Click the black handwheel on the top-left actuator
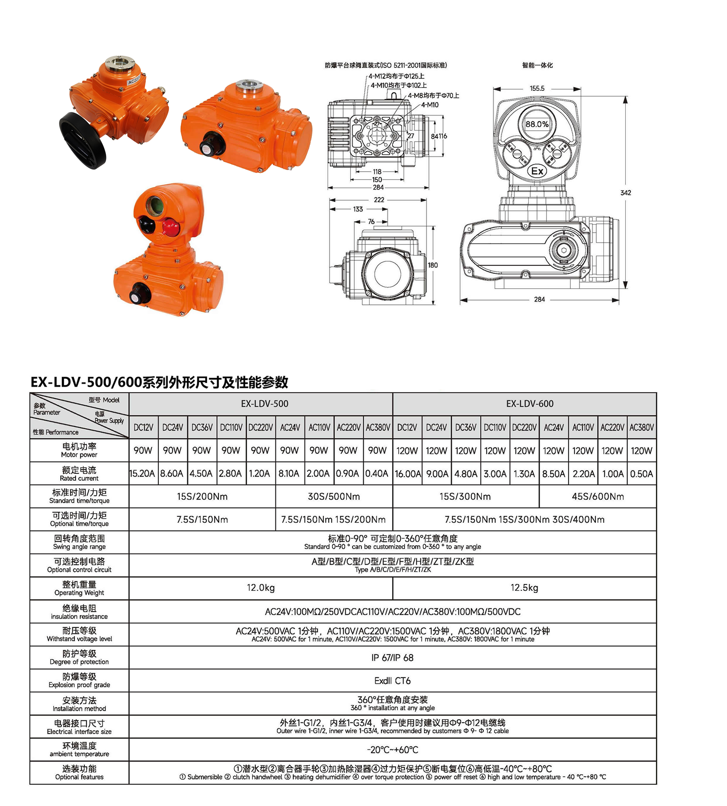(x=83, y=140)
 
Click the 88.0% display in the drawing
(x=537, y=124)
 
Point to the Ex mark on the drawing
(x=537, y=171)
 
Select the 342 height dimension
(x=626, y=193)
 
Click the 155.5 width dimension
(x=537, y=88)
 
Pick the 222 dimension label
(x=379, y=200)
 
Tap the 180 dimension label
(x=433, y=265)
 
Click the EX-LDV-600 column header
(x=529, y=404)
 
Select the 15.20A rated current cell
(x=143, y=474)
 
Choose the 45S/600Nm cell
(x=598, y=497)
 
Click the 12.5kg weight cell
(x=524, y=588)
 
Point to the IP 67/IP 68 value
(x=393, y=658)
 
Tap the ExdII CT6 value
(x=393, y=681)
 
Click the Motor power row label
(x=79, y=450)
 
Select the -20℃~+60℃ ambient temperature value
(x=393, y=750)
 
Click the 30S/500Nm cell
(x=334, y=497)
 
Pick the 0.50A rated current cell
(x=641, y=474)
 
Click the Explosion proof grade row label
(x=79, y=680)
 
